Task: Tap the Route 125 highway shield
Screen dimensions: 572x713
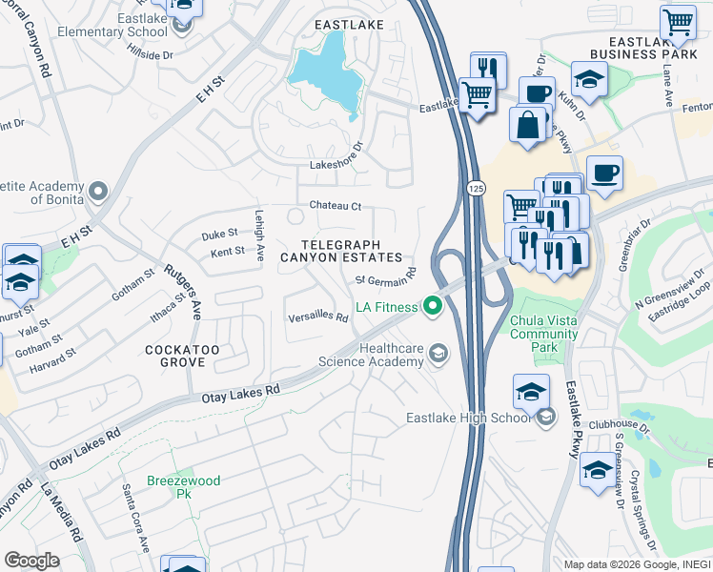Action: coord(475,190)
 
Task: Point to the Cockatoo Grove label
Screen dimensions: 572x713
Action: coord(182,357)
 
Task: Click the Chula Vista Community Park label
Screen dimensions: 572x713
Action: coord(543,327)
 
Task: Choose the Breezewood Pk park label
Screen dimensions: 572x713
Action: coord(183,488)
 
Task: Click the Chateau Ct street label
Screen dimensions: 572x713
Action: coord(336,206)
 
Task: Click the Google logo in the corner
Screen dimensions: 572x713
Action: coord(31,561)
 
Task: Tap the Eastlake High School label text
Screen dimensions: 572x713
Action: coord(469,418)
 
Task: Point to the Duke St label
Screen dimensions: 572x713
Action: coord(218,234)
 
